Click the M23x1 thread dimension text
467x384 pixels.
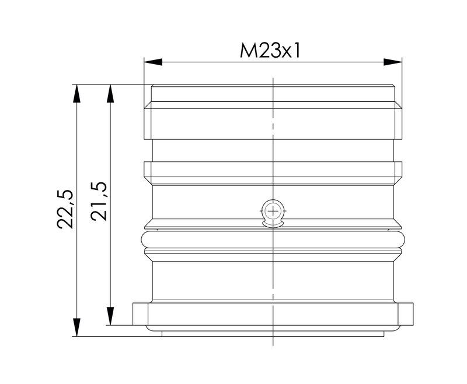[271, 51]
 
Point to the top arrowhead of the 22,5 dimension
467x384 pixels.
[75, 93]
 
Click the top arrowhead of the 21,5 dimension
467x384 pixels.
[109, 93]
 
